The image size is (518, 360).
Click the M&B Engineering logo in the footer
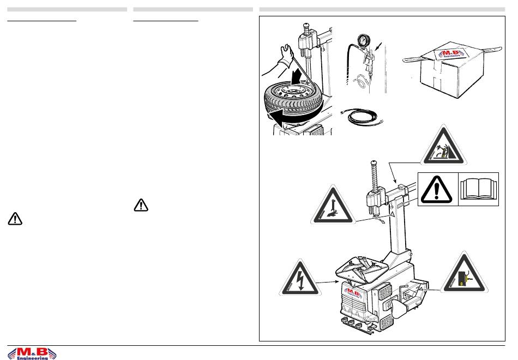click(x=33, y=352)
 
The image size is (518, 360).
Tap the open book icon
click(x=478, y=188)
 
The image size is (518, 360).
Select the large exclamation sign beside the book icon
click(x=437, y=189)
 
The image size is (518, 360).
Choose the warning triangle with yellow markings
click(x=464, y=276)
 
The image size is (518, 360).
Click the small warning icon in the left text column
click(x=15, y=219)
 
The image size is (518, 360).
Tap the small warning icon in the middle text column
click(x=141, y=205)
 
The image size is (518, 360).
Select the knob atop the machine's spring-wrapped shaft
click(x=374, y=163)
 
